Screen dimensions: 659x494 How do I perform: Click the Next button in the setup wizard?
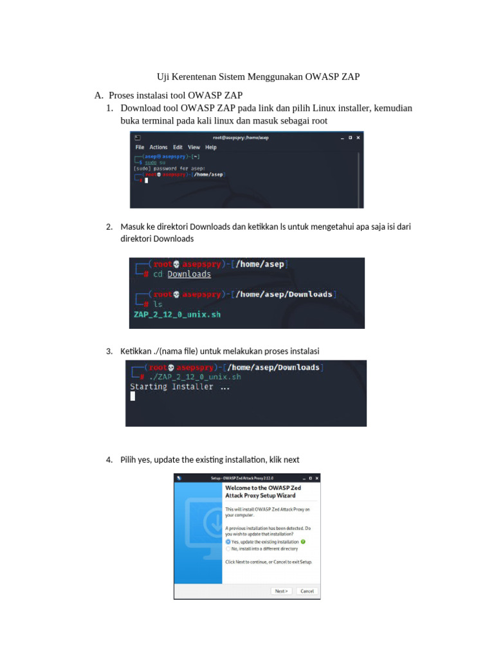[281, 591]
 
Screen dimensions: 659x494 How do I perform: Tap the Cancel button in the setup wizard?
[307, 591]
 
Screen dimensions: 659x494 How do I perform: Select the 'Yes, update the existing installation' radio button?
[228, 542]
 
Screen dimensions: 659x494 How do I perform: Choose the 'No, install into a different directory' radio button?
[228, 549]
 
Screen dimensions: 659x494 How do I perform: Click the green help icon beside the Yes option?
[303, 542]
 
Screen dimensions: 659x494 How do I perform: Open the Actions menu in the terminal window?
[158, 147]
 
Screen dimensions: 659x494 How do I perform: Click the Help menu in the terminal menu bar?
[211, 147]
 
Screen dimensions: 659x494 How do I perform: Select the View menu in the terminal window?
[194, 147]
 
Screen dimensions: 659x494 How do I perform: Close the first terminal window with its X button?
[358, 137]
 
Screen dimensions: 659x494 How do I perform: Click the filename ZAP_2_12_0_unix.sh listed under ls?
[177, 315]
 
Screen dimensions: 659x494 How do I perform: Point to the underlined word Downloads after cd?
[189, 274]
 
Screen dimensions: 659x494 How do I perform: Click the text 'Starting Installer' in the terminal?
[172, 387]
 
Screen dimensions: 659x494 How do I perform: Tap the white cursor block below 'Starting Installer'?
[133, 396]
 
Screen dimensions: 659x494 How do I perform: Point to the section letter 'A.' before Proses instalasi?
[98, 95]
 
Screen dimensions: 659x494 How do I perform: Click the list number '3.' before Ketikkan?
[109, 351]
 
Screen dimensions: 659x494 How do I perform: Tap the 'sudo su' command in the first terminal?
[155, 163]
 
